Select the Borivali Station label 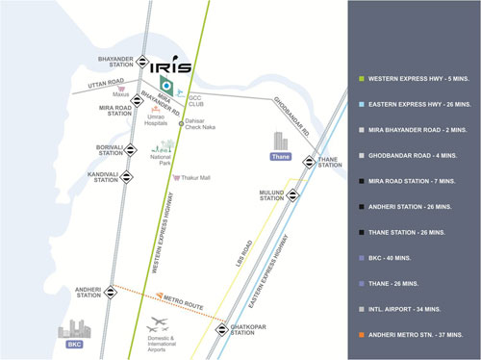click(x=110, y=150)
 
